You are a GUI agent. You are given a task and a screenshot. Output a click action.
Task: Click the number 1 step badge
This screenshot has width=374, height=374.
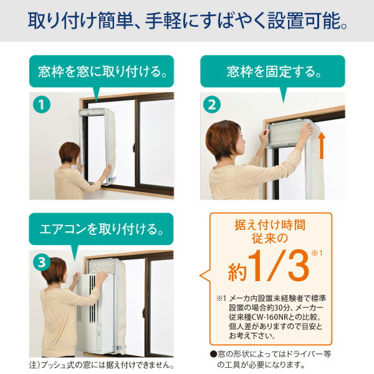tap(41, 105)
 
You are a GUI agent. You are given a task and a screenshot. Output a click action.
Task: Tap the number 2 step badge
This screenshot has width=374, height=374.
tap(212, 105)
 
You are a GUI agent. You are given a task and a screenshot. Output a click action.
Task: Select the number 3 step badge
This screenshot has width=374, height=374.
tap(41, 262)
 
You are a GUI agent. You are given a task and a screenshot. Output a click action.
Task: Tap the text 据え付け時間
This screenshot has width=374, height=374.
tap(270, 223)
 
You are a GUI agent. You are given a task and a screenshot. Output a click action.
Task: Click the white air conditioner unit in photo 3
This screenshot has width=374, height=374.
tap(94, 312)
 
